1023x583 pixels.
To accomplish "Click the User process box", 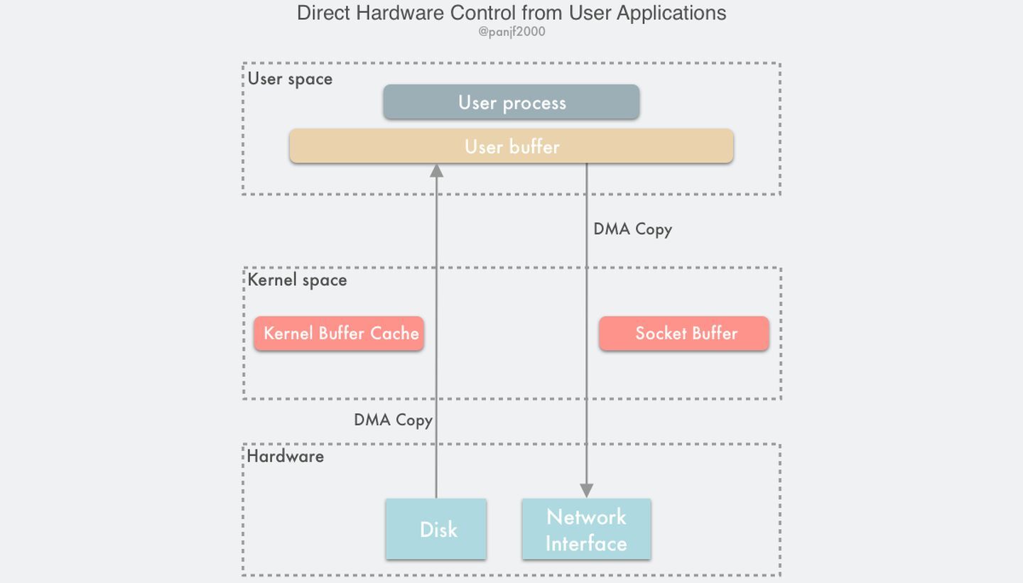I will coord(511,102).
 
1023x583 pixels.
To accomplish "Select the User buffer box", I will coord(511,146).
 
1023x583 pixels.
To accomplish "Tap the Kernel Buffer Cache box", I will coord(340,334).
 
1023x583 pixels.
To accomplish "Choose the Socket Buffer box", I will coord(684,334).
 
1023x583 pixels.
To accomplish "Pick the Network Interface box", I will coord(586,530).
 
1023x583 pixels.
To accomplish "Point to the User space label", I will coord(290,79).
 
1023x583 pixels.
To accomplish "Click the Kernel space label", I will coord(297,280).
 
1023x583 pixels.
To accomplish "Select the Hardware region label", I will coord(286,456).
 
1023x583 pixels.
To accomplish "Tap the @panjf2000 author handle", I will coord(511,32).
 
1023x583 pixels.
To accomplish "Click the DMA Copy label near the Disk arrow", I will coord(393,420).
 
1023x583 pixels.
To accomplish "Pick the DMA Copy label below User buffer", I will coord(632,229).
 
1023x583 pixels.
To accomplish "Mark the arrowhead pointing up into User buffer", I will coord(436,170).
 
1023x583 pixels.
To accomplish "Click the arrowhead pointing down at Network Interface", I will coord(586,491).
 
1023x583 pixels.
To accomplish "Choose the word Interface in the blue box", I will coord(586,543).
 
